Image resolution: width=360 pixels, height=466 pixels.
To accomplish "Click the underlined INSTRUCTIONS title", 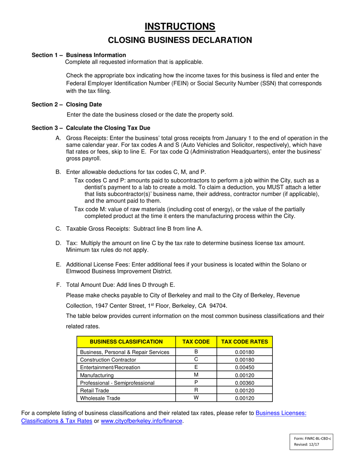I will [x=180, y=26].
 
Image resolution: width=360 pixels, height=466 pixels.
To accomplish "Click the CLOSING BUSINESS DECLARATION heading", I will [x=180, y=40].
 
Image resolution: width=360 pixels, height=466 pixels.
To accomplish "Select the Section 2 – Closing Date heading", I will [x=67, y=105].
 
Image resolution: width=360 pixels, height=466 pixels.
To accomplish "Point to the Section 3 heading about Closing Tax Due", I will [x=91, y=128].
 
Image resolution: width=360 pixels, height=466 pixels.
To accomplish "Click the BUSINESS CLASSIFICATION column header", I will [x=126, y=341].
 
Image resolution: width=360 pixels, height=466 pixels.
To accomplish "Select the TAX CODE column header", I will [x=196, y=341].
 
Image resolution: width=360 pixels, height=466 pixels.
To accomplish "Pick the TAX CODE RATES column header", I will [x=244, y=341].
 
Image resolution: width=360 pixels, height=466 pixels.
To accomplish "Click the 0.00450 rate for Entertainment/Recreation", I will [x=244, y=367].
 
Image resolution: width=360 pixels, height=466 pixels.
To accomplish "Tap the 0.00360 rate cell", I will [x=244, y=383].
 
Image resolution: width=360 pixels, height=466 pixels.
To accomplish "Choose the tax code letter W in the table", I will [x=196, y=398].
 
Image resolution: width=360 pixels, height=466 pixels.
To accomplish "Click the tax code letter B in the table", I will [x=196, y=352].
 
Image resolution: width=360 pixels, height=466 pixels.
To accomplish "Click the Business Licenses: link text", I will [x=281, y=414].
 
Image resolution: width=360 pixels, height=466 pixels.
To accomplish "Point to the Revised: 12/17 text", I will [x=307, y=445].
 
